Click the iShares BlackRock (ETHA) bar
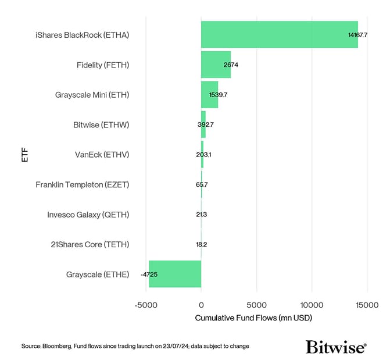[x=279, y=34]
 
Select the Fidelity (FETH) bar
[x=216, y=65]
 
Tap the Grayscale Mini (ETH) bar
[x=209, y=94]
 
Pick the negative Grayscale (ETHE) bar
[x=175, y=274]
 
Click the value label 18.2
[x=201, y=244]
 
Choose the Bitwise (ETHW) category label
[x=101, y=124]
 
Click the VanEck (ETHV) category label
[x=102, y=155]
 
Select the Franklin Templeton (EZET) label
[x=82, y=184]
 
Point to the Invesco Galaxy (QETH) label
[x=88, y=215]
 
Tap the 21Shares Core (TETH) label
[x=90, y=244]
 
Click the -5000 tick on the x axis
[x=145, y=305]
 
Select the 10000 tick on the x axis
[x=312, y=305]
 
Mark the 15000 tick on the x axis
[x=367, y=305]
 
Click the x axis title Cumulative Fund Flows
[x=253, y=318]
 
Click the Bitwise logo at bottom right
[x=336, y=347]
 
